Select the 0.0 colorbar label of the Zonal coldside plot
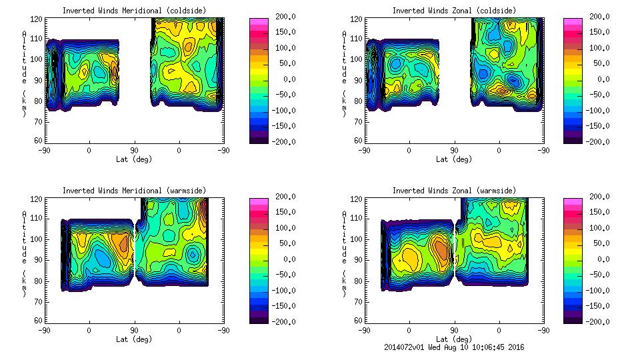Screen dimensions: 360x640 pyautogui.click(x=601, y=79)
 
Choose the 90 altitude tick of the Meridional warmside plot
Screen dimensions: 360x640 pyautogui.click(x=40, y=259)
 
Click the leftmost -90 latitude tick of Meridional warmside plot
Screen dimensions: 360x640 pyautogui.click(x=44, y=330)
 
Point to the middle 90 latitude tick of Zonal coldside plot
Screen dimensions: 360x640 pyautogui.click(x=454, y=150)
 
